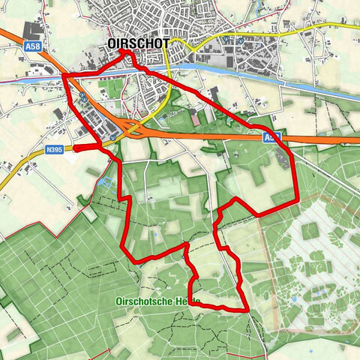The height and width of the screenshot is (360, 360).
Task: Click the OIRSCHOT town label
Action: (x=138, y=43)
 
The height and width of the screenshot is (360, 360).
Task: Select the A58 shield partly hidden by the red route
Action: (x=271, y=138)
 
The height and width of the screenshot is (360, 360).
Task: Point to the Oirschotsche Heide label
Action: (x=158, y=301)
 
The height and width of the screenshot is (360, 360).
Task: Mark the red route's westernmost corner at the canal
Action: (x=63, y=76)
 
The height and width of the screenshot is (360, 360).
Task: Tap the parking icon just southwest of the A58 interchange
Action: (x=112, y=138)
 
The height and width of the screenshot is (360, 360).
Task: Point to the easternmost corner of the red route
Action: (x=297, y=196)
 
